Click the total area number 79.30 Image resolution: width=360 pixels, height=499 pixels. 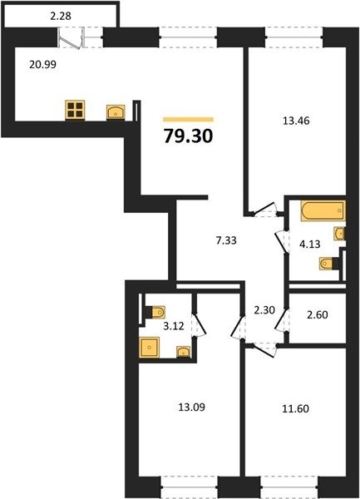(188, 136)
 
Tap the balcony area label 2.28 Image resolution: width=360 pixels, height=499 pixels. (61, 16)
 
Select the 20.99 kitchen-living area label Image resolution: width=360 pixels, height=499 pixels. (42, 65)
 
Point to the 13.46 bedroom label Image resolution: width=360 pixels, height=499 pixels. (296, 121)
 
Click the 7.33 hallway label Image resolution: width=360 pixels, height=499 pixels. (226, 240)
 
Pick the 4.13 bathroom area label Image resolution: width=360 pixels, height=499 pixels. (310, 244)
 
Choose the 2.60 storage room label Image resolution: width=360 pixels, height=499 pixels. (318, 314)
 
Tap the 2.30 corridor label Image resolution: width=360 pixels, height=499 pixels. (264, 309)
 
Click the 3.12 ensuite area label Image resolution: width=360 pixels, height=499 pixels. (174, 326)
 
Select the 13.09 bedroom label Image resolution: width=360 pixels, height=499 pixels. (192, 407)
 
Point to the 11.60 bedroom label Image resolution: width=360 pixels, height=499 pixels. (295, 408)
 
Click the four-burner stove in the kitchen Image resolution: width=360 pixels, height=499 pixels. (75, 110)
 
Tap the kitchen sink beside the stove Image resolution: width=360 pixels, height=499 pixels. (116, 112)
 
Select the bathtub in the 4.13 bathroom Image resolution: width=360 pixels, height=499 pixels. (323, 210)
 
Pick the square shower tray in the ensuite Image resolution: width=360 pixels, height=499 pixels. (149, 347)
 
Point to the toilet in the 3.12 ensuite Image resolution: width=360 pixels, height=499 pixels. (155, 312)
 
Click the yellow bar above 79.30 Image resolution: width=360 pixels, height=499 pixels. (188, 120)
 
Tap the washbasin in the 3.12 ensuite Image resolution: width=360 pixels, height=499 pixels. (183, 352)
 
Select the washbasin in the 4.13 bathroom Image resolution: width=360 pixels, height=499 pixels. (339, 234)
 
